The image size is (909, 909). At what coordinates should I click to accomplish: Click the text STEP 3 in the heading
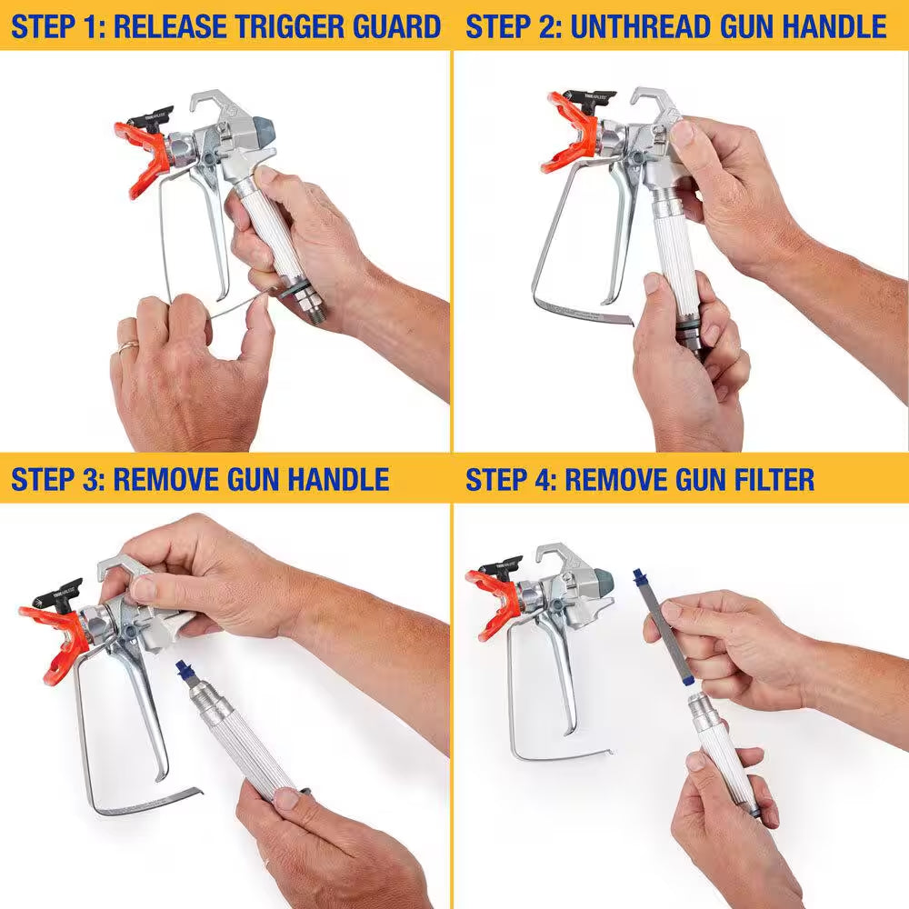point(56,479)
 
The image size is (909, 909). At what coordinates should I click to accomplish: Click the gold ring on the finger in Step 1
point(128,345)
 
